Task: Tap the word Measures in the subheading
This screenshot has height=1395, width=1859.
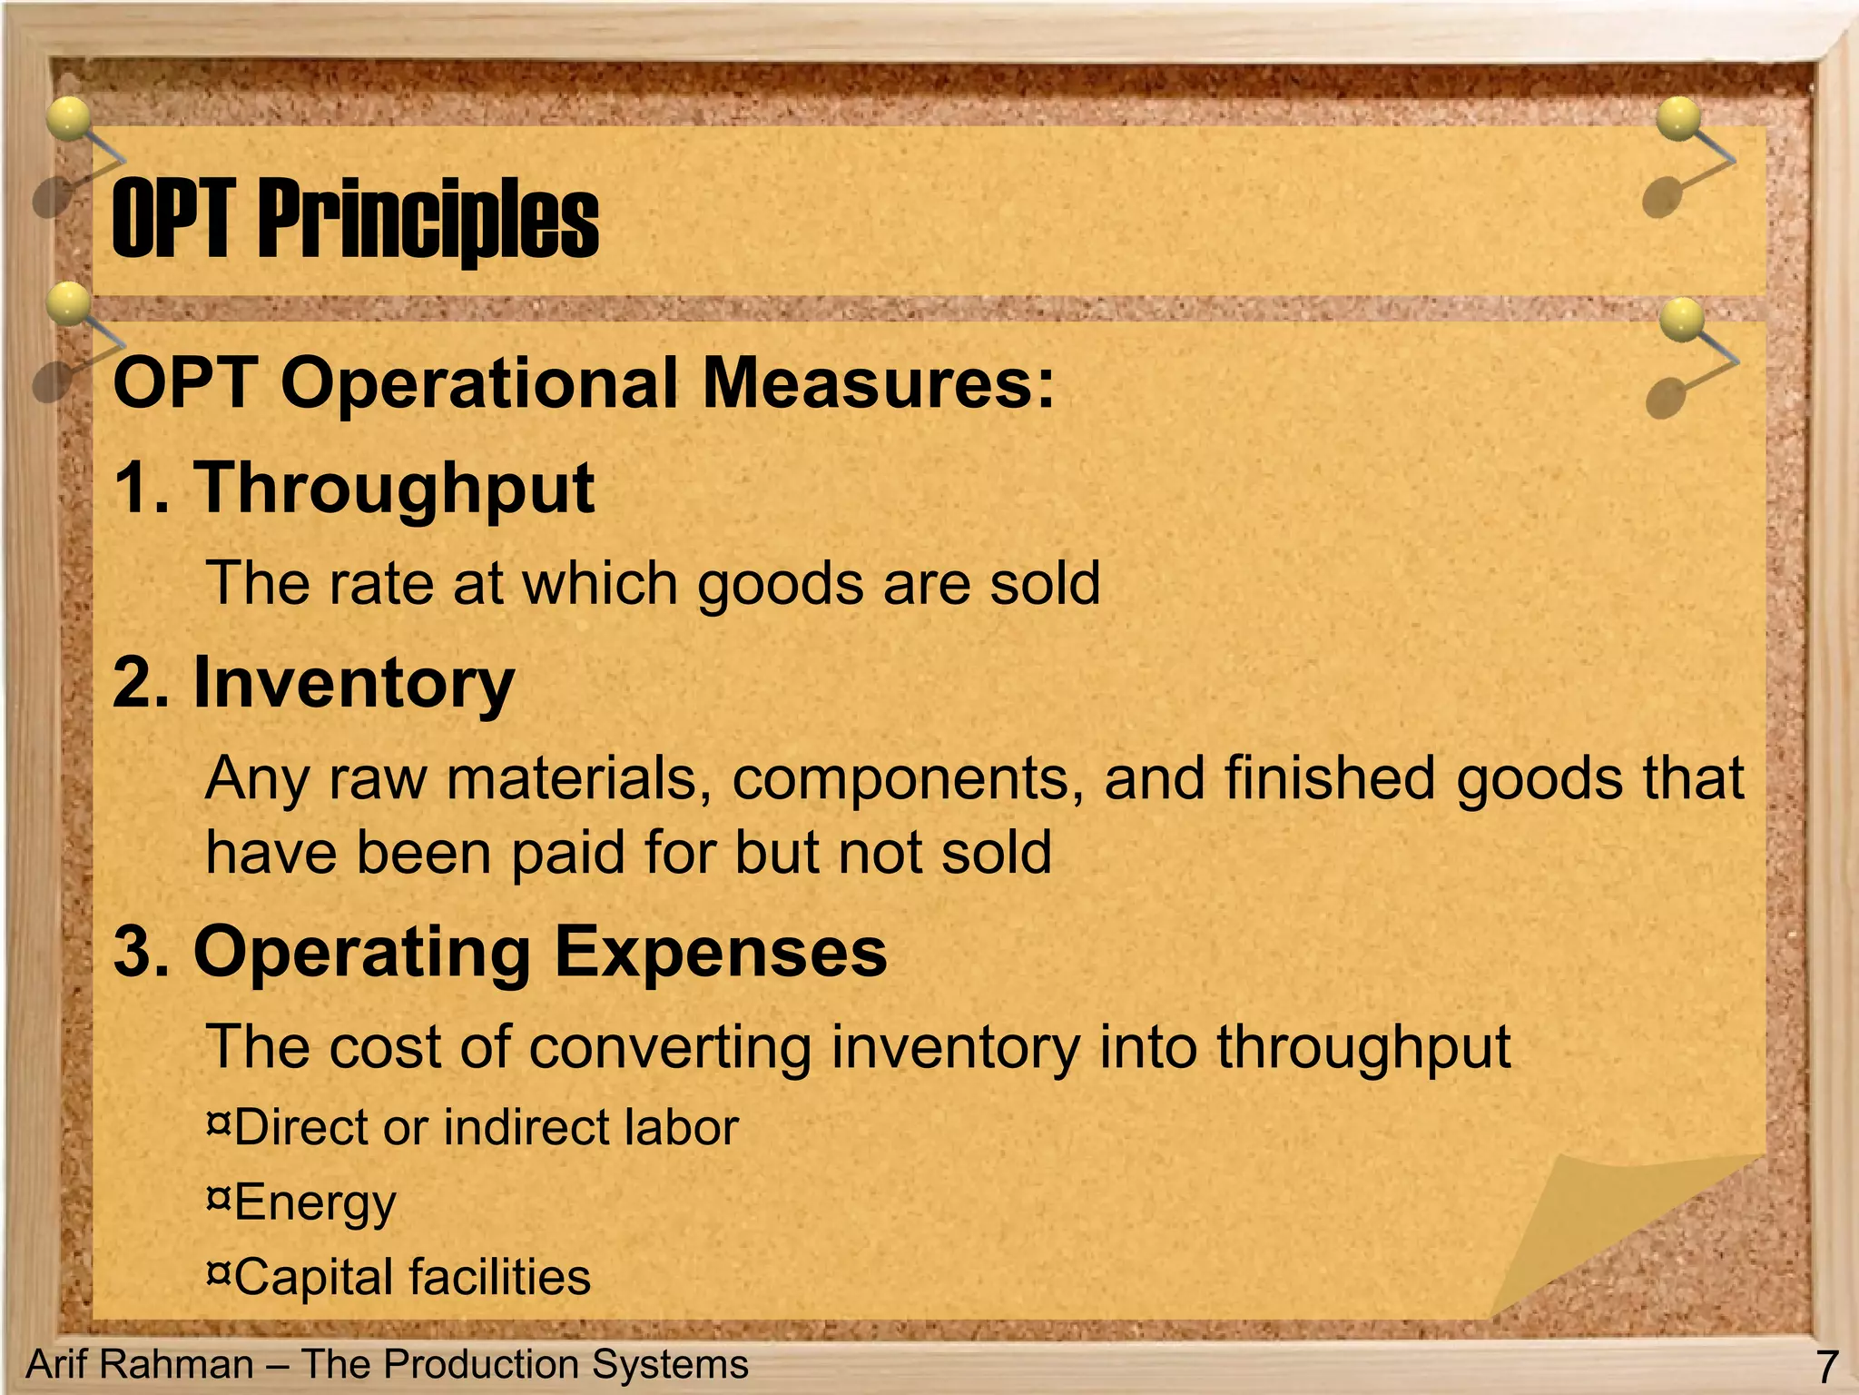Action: pos(879,383)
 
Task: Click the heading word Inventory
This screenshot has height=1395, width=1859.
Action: pos(354,683)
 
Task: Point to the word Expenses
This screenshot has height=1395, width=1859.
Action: pos(721,952)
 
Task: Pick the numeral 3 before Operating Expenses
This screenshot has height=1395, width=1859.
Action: pos(134,952)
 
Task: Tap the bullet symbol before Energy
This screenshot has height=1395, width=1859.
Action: pos(218,1200)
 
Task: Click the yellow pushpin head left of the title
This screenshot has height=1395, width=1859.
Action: pos(69,118)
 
